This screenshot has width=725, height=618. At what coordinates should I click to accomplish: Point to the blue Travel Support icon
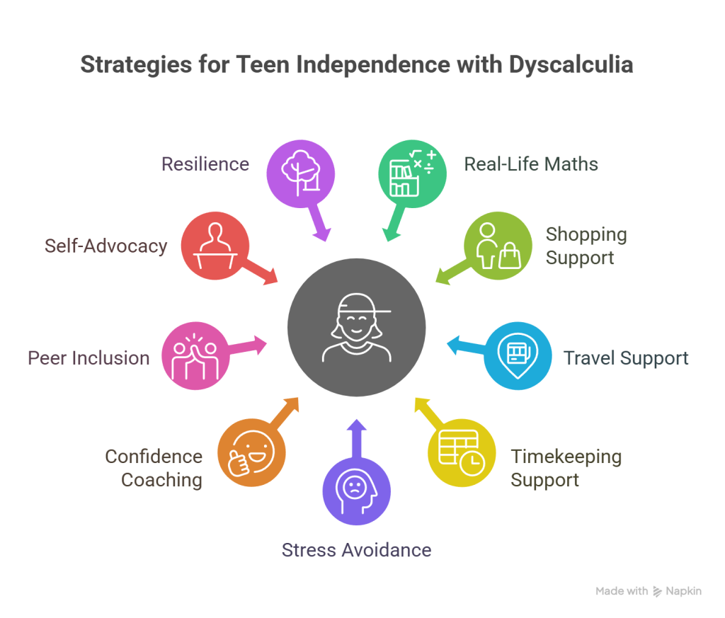[518, 357]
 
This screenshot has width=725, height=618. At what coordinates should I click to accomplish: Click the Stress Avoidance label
[356, 550]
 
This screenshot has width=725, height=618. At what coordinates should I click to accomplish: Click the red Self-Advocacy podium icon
[215, 246]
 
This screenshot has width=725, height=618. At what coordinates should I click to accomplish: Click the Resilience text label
[205, 164]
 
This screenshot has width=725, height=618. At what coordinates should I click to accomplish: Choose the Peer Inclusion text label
[89, 357]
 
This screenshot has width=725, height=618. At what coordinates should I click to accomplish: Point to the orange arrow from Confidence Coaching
[286, 412]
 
